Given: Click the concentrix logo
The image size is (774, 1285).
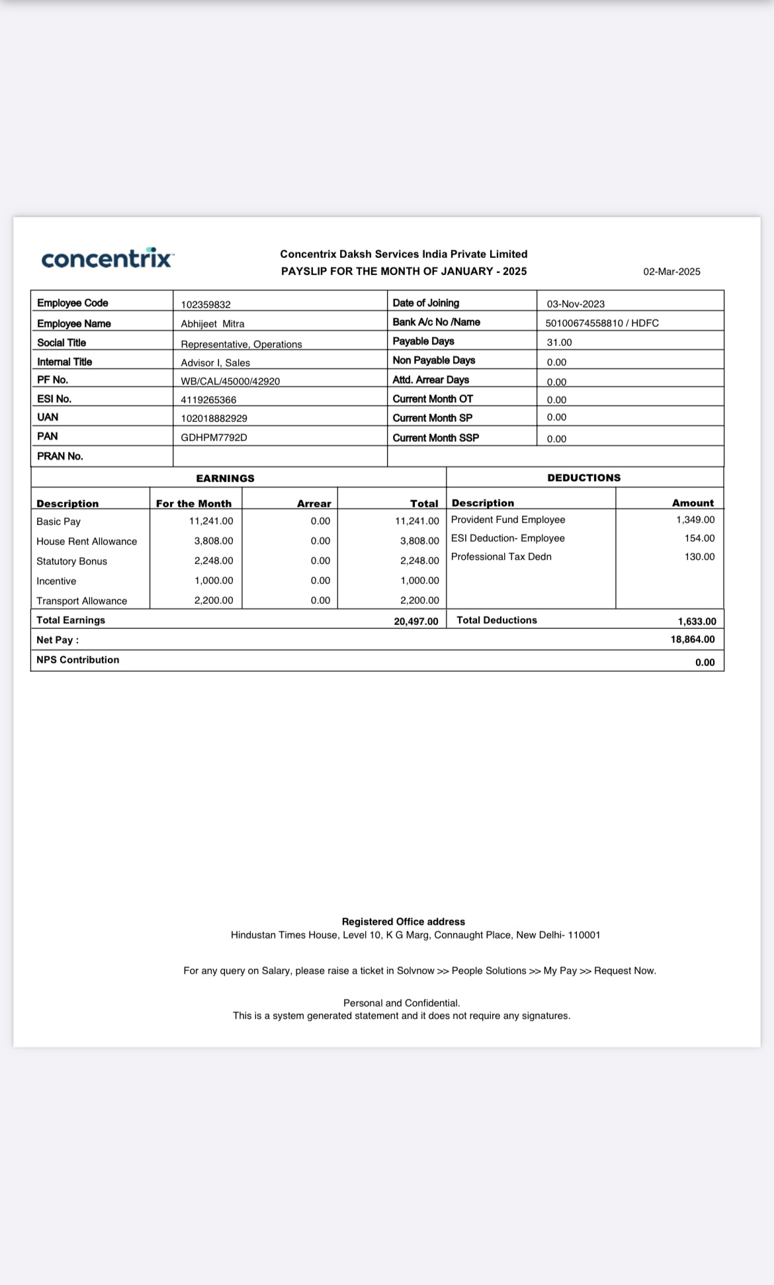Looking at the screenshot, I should click(107, 258).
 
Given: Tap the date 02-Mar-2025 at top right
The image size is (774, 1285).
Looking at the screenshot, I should click(671, 272).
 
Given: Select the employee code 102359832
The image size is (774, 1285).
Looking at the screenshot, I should click(206, 305).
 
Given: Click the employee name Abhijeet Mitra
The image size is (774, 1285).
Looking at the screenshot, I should click(212, 324).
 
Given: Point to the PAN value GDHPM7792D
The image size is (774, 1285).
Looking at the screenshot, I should click(214, 438).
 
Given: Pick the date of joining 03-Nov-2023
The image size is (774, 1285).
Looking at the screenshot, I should click(576, 304).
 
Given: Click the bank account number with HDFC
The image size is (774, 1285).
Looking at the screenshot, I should click(602, 323).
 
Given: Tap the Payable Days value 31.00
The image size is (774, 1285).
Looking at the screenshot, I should click(559, 343).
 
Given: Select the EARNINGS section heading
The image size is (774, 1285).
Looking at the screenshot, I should click(225, 478).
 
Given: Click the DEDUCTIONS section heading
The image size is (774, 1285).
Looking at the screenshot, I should click(583, 477).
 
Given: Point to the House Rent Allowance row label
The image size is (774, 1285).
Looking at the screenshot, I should click(87, 542).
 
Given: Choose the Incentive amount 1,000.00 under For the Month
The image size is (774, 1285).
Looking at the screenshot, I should click(214, 581).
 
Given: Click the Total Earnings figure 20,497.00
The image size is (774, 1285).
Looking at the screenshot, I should click(416, 622).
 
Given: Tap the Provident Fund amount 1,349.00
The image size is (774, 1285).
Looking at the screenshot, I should click(695, 520).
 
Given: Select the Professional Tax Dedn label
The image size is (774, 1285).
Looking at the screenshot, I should click(501, 557).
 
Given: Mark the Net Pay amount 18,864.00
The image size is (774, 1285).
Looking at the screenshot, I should click(693, 640).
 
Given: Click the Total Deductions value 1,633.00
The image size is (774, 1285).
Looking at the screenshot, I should click(697, 622).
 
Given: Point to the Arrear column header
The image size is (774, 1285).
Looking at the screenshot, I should click(314, 504).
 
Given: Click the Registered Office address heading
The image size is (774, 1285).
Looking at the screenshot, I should click(403, 922).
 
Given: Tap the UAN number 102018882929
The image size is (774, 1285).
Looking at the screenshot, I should click(214, 419).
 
